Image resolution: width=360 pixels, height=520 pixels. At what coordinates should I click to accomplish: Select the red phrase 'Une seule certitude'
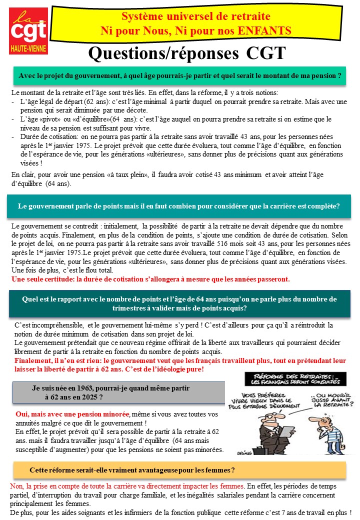(44, 278)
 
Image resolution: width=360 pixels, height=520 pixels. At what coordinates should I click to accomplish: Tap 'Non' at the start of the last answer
(17, 486)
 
